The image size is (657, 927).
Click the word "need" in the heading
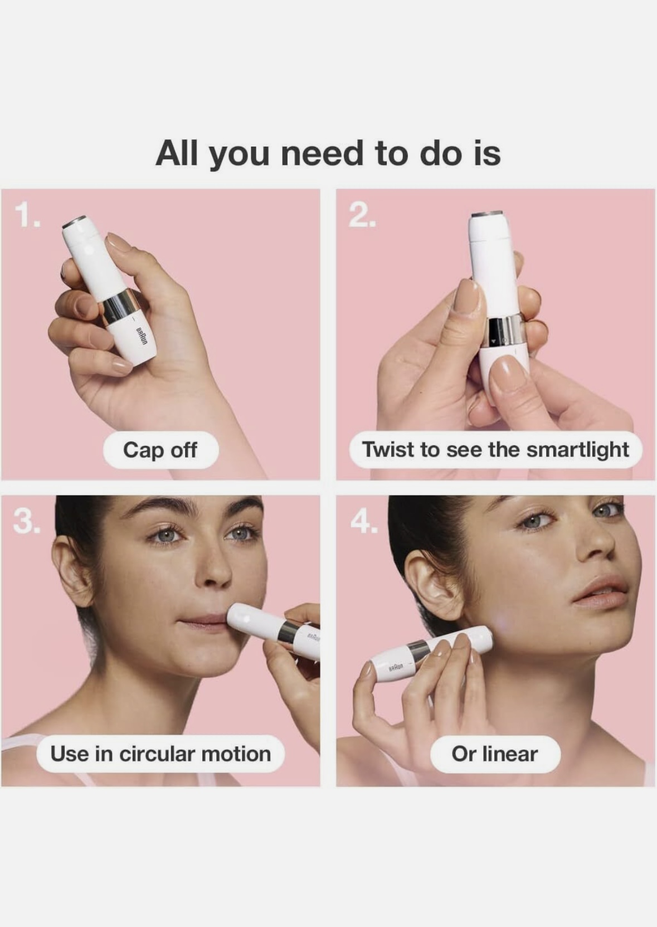click(x=323, y=153)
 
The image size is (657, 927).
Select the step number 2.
click(x=362, y=216)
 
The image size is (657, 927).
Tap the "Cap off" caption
click(x=160, y=450)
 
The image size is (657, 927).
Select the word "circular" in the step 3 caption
click(x=157, y=753)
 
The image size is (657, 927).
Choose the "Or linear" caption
click(x=495, y=754)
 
